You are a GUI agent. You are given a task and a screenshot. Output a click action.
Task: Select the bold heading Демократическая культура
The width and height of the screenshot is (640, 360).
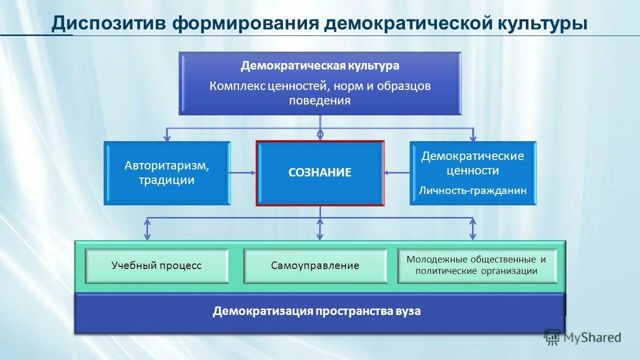(320, 65)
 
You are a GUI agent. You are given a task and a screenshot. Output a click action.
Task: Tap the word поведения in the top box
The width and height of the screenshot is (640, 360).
(320, 100)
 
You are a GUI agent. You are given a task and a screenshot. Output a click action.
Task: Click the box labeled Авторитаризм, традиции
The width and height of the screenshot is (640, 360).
(167, 173)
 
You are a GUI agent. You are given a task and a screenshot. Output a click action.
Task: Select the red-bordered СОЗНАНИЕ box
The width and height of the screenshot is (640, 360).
(320, 173)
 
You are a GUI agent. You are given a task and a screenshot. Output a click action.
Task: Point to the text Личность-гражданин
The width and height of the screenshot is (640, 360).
(472, 190)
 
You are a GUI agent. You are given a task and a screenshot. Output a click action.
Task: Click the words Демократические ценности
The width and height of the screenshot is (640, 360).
(472, 163)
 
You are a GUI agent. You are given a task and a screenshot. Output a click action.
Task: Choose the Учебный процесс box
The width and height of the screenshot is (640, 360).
(156, 265)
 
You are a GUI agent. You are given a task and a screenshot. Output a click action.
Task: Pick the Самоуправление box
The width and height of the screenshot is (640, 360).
(315, 265)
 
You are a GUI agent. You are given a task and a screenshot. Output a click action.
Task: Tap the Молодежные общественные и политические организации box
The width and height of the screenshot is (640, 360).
(476, 265)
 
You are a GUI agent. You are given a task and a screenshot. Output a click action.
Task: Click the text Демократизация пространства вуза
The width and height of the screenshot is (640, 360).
(317, 311)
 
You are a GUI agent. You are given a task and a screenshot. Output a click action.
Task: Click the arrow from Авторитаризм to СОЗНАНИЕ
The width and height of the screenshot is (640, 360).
(243, 173)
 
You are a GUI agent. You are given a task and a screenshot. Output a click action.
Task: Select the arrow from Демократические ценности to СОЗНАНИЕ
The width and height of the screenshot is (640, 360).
(397, 173)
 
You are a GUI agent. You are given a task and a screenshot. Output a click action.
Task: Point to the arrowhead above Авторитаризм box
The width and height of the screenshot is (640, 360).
(167, 136)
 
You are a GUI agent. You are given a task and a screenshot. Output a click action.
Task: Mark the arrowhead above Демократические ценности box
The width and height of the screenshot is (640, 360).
(472, 136)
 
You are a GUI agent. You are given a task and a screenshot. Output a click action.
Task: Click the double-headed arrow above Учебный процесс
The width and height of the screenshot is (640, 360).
(147, 228)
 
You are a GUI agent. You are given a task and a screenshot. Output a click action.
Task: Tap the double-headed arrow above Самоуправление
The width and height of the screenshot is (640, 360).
(320, 228)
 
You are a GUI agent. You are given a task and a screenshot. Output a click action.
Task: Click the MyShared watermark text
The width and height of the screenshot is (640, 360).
(592, 337)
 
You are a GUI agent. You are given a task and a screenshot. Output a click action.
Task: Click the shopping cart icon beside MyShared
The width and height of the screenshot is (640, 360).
(552, 337)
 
